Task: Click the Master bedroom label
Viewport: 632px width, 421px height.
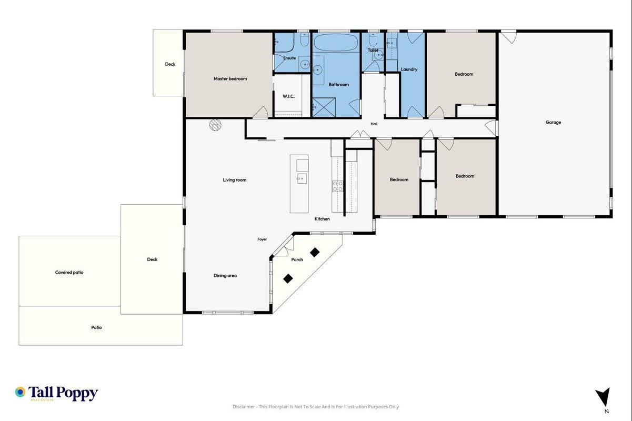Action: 230,79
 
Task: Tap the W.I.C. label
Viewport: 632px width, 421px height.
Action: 288,96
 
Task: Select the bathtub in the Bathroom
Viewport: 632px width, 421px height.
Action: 336,43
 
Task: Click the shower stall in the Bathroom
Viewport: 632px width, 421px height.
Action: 324,107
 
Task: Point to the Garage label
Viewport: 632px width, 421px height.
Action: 553,123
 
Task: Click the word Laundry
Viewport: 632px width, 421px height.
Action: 409,69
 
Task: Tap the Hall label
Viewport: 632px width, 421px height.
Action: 374,124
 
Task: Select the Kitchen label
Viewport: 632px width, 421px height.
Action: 322,219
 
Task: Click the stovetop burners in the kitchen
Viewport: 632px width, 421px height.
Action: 337,186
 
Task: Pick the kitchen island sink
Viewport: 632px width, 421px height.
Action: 302,178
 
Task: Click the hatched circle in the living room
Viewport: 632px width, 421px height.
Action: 215,125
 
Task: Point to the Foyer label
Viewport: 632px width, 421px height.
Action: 262,239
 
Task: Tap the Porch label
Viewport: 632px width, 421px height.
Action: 297,259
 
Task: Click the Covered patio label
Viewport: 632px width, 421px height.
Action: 69,273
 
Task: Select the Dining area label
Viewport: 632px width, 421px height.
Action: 225,276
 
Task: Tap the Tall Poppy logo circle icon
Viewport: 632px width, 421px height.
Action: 20,392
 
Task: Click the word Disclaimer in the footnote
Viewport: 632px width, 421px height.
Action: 244,407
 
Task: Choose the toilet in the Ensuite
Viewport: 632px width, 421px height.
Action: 304,39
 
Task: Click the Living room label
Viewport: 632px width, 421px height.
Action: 235,180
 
